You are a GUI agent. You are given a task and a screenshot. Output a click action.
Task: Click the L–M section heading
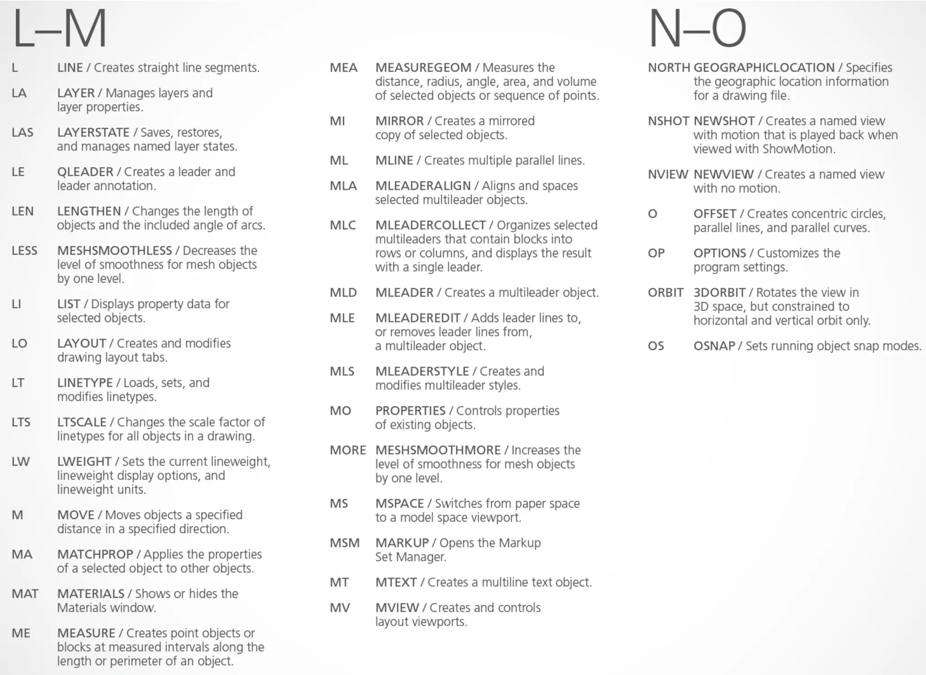(60, 29)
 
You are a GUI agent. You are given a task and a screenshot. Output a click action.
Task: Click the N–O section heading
(697, 29)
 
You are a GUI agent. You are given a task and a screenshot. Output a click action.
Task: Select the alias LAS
(23, 133)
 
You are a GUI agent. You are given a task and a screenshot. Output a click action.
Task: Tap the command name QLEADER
(85, 172)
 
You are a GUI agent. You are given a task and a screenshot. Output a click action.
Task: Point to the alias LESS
(24, 251)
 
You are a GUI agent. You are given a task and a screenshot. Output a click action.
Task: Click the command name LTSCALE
(81, 422)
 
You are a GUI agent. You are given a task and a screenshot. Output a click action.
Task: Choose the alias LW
(21, 461)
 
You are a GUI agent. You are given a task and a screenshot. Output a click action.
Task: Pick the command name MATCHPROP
(95, 554)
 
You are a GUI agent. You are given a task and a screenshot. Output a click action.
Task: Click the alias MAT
(25, 594)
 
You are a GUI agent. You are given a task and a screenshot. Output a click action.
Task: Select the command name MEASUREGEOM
(423, 68)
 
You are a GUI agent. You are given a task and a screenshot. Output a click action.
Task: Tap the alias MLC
(343, 225)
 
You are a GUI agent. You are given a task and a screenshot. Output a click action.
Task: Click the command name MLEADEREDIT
(417, 318)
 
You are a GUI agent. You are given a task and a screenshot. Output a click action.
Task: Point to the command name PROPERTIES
(410, 411)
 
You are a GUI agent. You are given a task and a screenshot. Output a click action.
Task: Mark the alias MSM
(345, 543)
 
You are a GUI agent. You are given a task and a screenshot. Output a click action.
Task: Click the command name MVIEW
(397, 608)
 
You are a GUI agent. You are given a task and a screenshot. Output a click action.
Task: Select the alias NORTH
(669, 68)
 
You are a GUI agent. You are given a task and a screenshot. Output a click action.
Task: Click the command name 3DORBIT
(719, 293)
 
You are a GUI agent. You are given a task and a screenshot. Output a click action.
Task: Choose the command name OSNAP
(714, 346)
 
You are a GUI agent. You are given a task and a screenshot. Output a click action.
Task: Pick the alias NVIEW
(668, 175)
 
